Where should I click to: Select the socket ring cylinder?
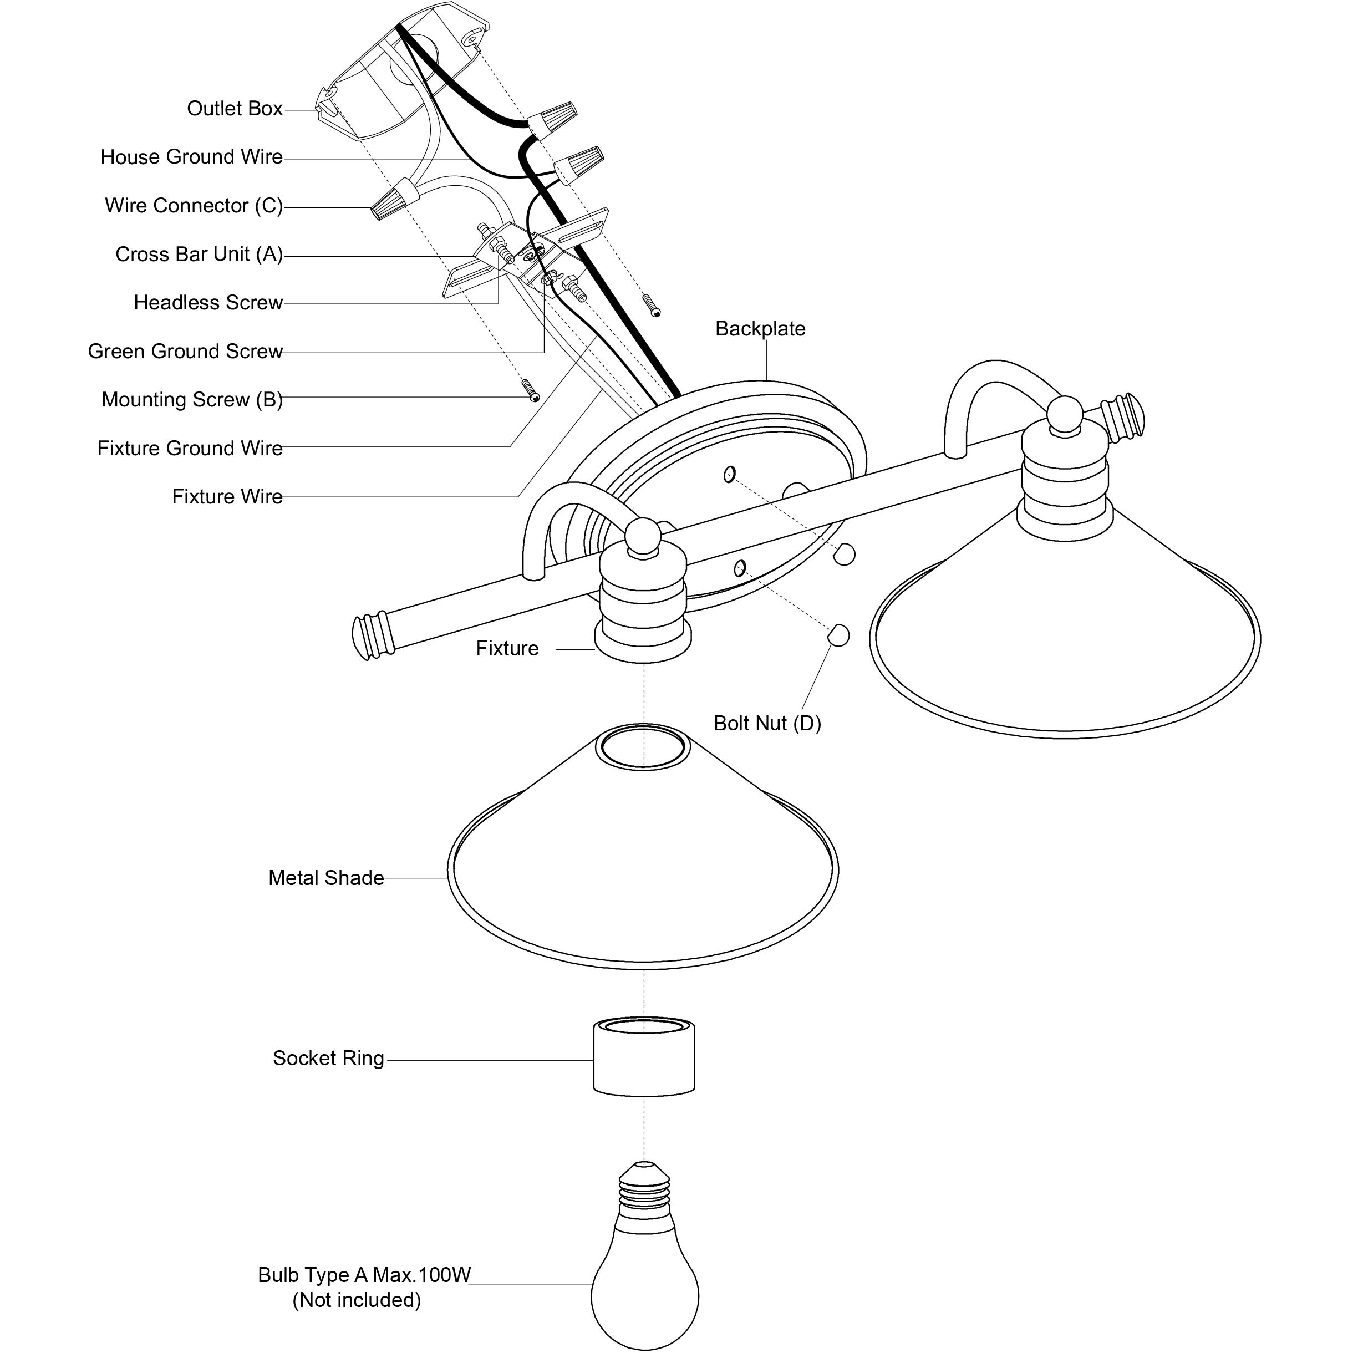pyautogui.click(x=644, y=1057)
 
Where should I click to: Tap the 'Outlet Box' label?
pyautogui.click(x=235, y=109)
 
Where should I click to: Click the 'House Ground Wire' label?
pyautogui.click(x=191, y=157)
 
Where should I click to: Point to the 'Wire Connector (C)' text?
pyautogui.click(x=194, y=205)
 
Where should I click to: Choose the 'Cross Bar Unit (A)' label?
pyautogui.click(x=199, y=254)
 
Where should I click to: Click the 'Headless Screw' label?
pyautogui.click(x=208, y=303)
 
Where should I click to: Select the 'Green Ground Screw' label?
pyautogui.click(x=185, y=351)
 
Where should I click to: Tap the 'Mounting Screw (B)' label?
pyautogui.click(x=192, y=399)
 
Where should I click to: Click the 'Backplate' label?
pyautogui.click(x=760, y=328)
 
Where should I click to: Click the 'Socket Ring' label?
pyautogui.click(x=328, y=1058)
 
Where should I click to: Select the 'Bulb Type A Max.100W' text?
pyautogui.click(x=364, y=1275)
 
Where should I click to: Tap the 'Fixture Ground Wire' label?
pyautogui.click(x=190, y=448)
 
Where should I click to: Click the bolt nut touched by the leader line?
pyautogui.click(x=838, y=636)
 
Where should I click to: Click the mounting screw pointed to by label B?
pyautogui.click(x=530, y=390)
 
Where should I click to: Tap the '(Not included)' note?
pyautogui.click(x=357, y=1300)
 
